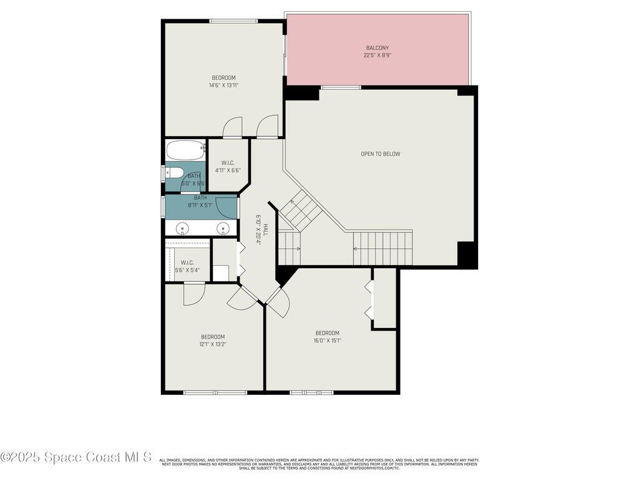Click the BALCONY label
point(377,48)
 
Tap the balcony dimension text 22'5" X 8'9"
point(377,56)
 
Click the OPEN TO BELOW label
point(380,154)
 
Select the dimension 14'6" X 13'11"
point(223,85)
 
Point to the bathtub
point(185,150)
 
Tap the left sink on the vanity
point(182,228)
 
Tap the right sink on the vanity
point(222,228)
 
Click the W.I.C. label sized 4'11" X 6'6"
point(228,163)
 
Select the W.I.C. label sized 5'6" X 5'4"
point(187,263)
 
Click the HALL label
point(265,230)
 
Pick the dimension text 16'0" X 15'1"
point(327,341)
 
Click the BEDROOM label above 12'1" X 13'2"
point(212,337)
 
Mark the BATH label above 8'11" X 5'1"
point(200,198)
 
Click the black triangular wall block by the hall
point(283,274)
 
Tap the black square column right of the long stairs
point(467,254)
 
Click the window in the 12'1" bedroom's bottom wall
point(215,392)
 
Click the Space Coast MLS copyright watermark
point(76,457)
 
